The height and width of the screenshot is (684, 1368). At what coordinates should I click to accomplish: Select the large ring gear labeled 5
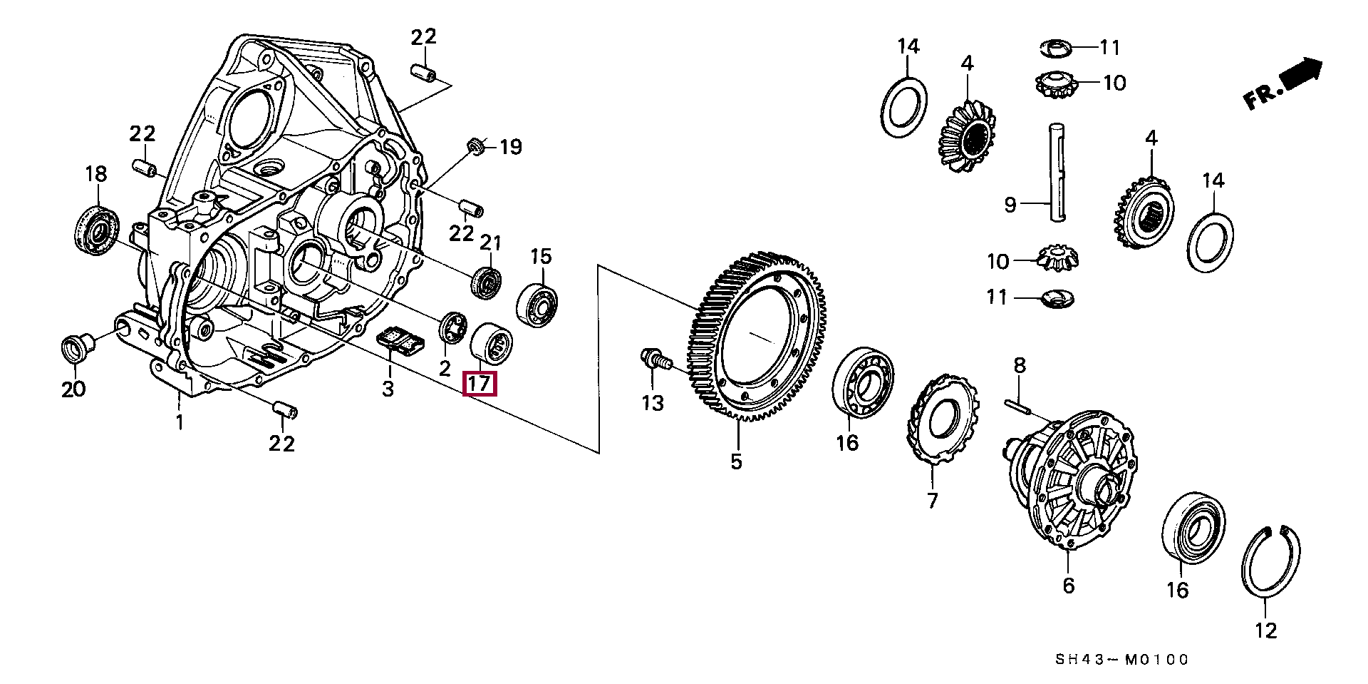coord(755,335)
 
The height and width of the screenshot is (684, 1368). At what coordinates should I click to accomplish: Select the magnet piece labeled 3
coord(399,340)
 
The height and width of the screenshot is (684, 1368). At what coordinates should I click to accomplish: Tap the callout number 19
coord(510,148)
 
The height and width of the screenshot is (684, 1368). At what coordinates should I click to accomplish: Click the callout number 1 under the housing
coord(180,422)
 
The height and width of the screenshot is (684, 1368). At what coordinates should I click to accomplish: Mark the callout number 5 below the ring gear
coord(736,461)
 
